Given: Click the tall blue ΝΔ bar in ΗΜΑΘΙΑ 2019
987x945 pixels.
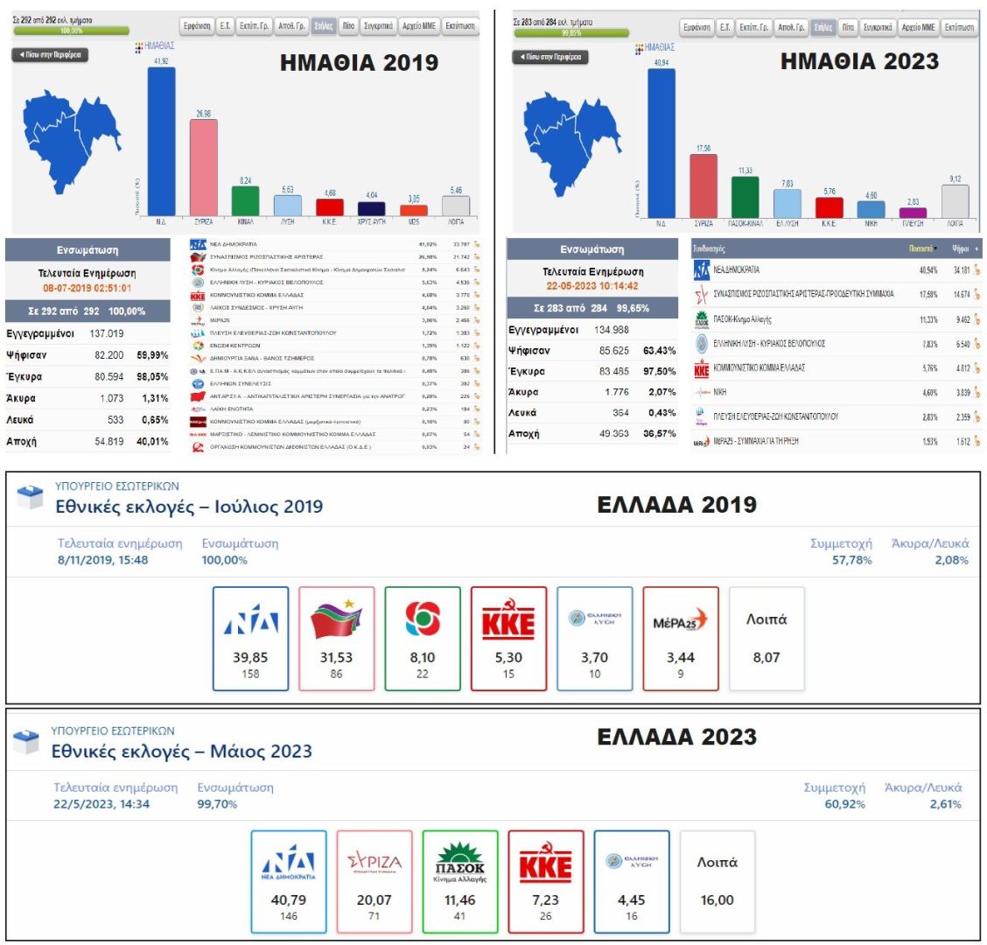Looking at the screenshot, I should (161, 141).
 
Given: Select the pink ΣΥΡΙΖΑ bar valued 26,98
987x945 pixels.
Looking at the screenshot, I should (203, 167).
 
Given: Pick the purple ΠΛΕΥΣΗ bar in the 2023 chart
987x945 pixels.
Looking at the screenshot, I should (913, 212).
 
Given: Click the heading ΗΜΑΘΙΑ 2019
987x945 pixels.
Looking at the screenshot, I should (359, 63).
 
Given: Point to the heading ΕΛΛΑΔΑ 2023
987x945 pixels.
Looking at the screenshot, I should (676, 737).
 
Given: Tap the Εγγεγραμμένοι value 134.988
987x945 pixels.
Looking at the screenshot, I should (605, 330).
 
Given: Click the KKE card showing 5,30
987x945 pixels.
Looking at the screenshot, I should (508, 639).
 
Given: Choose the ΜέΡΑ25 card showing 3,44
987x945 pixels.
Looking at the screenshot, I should (680, 639).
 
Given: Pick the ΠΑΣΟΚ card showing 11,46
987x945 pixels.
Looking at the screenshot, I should (459, 881).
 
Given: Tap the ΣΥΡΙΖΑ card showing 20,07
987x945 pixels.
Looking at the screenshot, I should (374, 881).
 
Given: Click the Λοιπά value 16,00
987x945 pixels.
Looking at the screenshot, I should (717, 899).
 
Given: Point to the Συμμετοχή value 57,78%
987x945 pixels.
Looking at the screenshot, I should (851, 560).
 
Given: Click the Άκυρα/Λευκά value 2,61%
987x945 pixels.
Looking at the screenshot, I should (945, 804).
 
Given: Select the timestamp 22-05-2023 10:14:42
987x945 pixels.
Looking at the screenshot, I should (591, 286).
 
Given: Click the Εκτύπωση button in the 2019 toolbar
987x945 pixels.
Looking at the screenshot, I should (459, 26).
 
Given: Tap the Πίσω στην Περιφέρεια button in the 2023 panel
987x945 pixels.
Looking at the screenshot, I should (550, 57).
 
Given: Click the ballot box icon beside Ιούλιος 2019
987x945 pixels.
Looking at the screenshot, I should (30, 497).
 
